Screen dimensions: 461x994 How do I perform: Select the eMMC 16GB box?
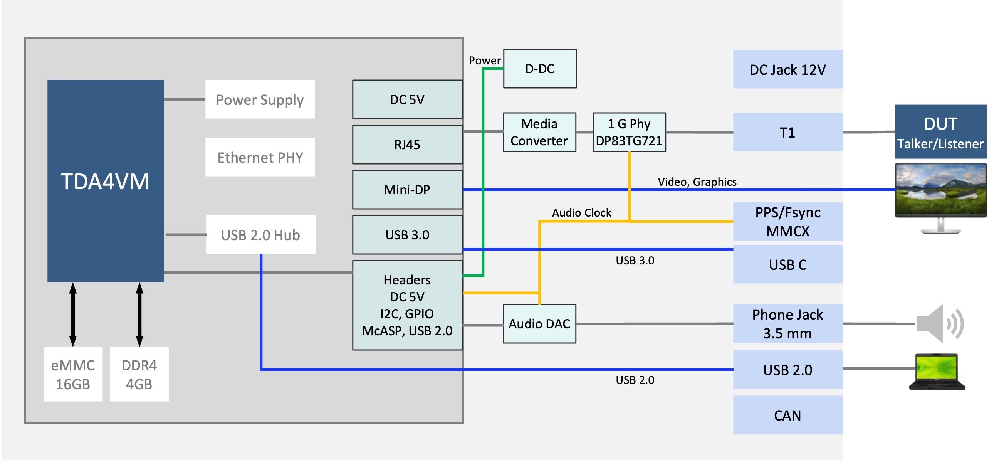point(72,374)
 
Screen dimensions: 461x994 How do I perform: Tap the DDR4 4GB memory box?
point(139,374)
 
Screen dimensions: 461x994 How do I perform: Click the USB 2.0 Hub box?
point(260,235)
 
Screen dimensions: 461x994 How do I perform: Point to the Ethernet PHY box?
point(260,157)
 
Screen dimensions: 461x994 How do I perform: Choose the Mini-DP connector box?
point(407,190)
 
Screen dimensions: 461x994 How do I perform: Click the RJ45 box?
point(407,145)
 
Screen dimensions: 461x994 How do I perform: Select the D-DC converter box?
point(539,69)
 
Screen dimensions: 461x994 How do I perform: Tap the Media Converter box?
point(539,132)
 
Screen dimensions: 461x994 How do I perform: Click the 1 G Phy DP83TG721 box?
point(629,132)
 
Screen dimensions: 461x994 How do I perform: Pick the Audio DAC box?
point(539,323)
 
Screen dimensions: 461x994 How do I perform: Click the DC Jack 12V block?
point(787,69)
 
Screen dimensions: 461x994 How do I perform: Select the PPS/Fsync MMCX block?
point(787,221)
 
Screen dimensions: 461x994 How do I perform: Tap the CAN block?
point(787,415)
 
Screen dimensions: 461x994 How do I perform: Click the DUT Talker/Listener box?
point(940,132)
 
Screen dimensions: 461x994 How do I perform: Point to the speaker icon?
point(940,323)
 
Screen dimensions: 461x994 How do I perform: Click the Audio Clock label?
point(581,213)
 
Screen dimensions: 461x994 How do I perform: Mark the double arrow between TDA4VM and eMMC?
point(72,314)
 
